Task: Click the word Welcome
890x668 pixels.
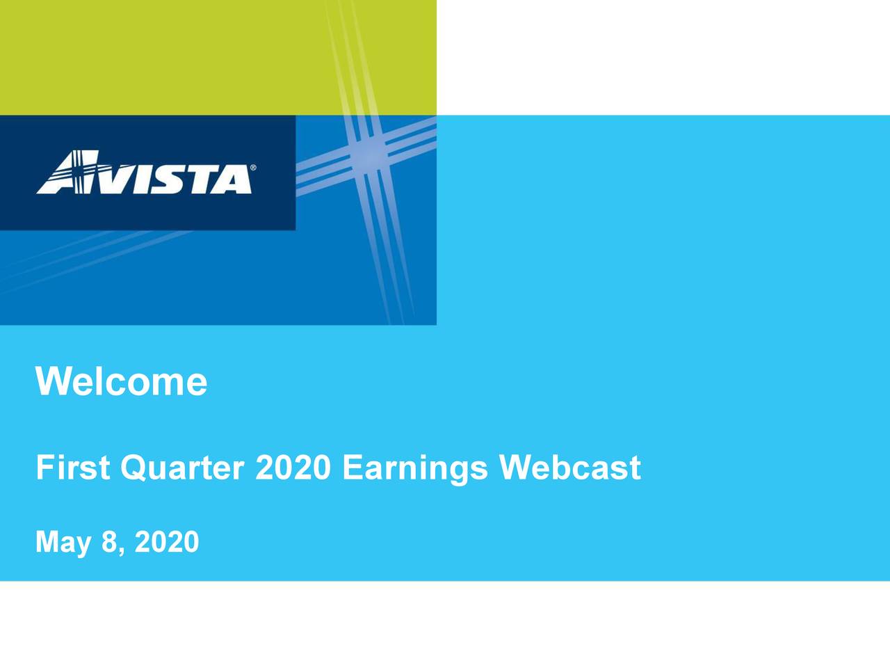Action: coord(121,381)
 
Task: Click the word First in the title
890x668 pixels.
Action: coord(73,468)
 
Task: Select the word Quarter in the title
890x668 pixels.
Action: coord(181,468)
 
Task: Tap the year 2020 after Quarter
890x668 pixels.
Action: coord(293,468)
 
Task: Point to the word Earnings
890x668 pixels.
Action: coord(415,468)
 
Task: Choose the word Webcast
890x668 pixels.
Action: coord(569,468)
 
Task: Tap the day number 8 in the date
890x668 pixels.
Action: coord(108,541)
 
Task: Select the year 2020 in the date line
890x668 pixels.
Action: coord(167,541)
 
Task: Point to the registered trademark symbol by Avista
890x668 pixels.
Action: coord(252,168)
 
